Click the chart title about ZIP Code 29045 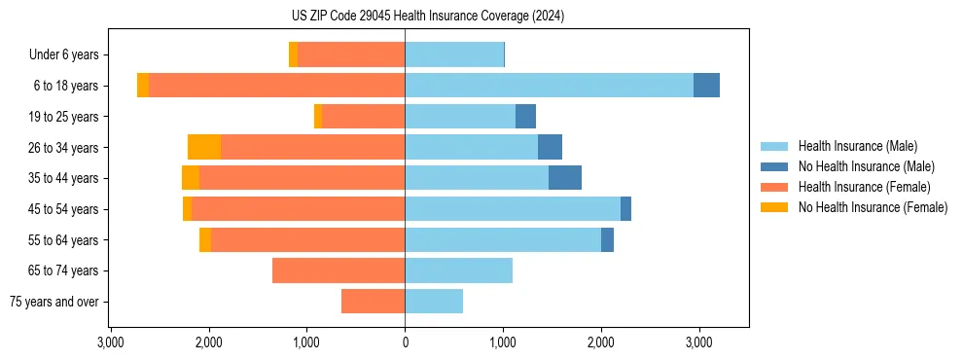point(428,16)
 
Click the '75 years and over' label point(54,302)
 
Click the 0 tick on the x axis point(405,342)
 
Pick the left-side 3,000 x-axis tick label point(111,342)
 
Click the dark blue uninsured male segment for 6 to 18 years point(706,86)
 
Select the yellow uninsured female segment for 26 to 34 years point(204,147)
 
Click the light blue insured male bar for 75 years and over point(434,302)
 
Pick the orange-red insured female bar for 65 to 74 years point(339,270)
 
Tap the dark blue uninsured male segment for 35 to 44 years point(565,178)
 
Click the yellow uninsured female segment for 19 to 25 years point(318,117)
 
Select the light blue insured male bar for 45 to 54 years point(513,209)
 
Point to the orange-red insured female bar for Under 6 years point(351,54)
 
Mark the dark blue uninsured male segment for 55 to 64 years point(607,239)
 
